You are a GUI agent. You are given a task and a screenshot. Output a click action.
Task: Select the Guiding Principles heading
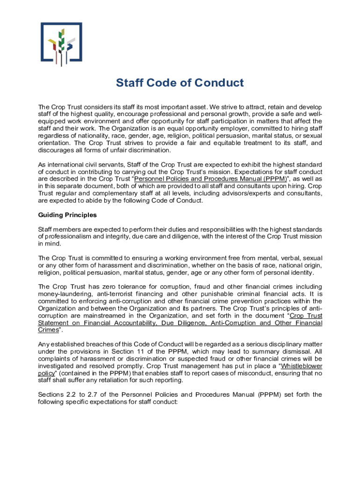(x=67, y=215)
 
